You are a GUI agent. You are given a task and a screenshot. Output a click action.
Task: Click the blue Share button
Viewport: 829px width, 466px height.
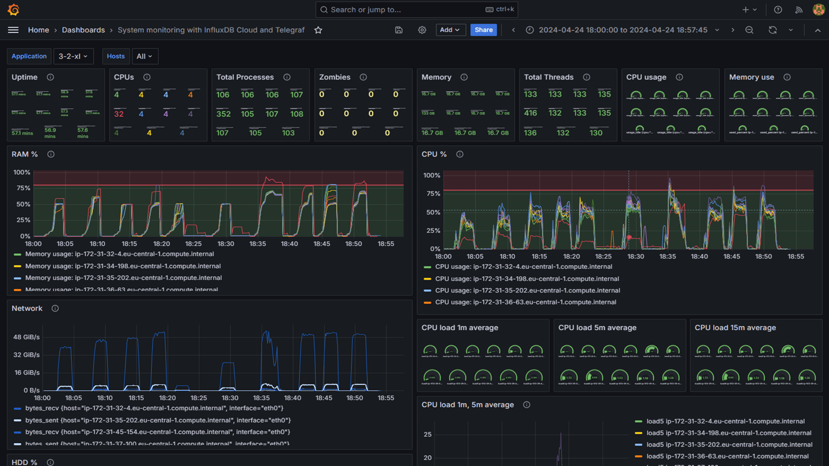[483, 30]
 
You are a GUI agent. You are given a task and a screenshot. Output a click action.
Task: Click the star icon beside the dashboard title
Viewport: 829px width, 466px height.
[318, 30]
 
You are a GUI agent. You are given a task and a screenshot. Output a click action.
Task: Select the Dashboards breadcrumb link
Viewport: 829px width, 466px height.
[83, 30]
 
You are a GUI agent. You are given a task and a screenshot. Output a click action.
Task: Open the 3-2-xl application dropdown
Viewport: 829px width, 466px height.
[73, 56]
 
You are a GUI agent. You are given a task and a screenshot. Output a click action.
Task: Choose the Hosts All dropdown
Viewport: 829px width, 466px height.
[144, 56]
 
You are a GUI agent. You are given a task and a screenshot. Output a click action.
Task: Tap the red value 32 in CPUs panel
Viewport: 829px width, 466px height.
[119, 114]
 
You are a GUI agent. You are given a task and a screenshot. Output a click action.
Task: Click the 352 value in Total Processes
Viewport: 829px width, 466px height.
[223, 114]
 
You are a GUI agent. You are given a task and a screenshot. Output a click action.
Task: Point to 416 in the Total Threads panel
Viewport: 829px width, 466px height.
[530, 113]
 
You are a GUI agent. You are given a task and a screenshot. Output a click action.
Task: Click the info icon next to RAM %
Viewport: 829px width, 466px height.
[51, 155]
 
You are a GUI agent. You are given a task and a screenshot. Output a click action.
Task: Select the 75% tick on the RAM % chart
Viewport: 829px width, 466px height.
[23, 188]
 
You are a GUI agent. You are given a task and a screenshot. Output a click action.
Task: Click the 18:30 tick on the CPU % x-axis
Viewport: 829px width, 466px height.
[635, 256]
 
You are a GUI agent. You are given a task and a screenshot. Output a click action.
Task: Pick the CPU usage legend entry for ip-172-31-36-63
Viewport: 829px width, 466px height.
[525, 302]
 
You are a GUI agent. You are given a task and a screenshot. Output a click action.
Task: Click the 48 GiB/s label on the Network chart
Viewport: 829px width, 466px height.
[27, 337]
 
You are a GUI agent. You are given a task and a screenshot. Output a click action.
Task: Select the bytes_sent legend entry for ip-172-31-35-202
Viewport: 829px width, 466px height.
[158, 420]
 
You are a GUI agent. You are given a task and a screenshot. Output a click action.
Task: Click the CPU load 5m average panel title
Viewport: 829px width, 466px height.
[597, 328]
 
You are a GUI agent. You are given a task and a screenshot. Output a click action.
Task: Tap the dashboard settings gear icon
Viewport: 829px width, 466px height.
[422, 30]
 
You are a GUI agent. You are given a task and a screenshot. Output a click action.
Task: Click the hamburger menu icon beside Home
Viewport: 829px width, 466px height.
[13, 30]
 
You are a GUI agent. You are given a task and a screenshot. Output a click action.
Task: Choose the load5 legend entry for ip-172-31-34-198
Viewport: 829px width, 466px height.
[729, 433]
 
